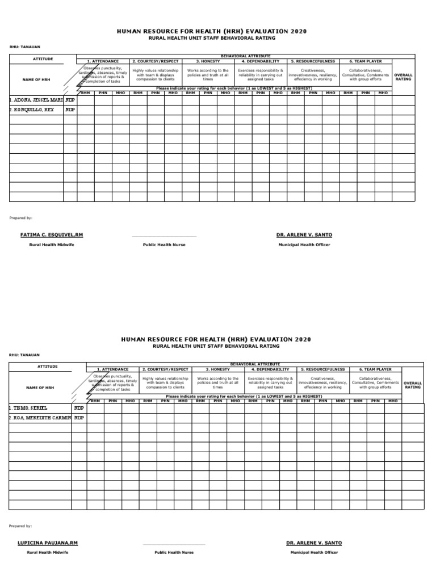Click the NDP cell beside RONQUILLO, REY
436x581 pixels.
70,110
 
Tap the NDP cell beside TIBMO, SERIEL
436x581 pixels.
79,407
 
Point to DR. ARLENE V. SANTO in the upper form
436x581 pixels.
304,235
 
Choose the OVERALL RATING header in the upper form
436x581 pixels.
403,77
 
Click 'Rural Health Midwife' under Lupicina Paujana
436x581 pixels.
48,553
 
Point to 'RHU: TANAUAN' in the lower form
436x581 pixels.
24,355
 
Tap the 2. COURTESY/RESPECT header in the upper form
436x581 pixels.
155,61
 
